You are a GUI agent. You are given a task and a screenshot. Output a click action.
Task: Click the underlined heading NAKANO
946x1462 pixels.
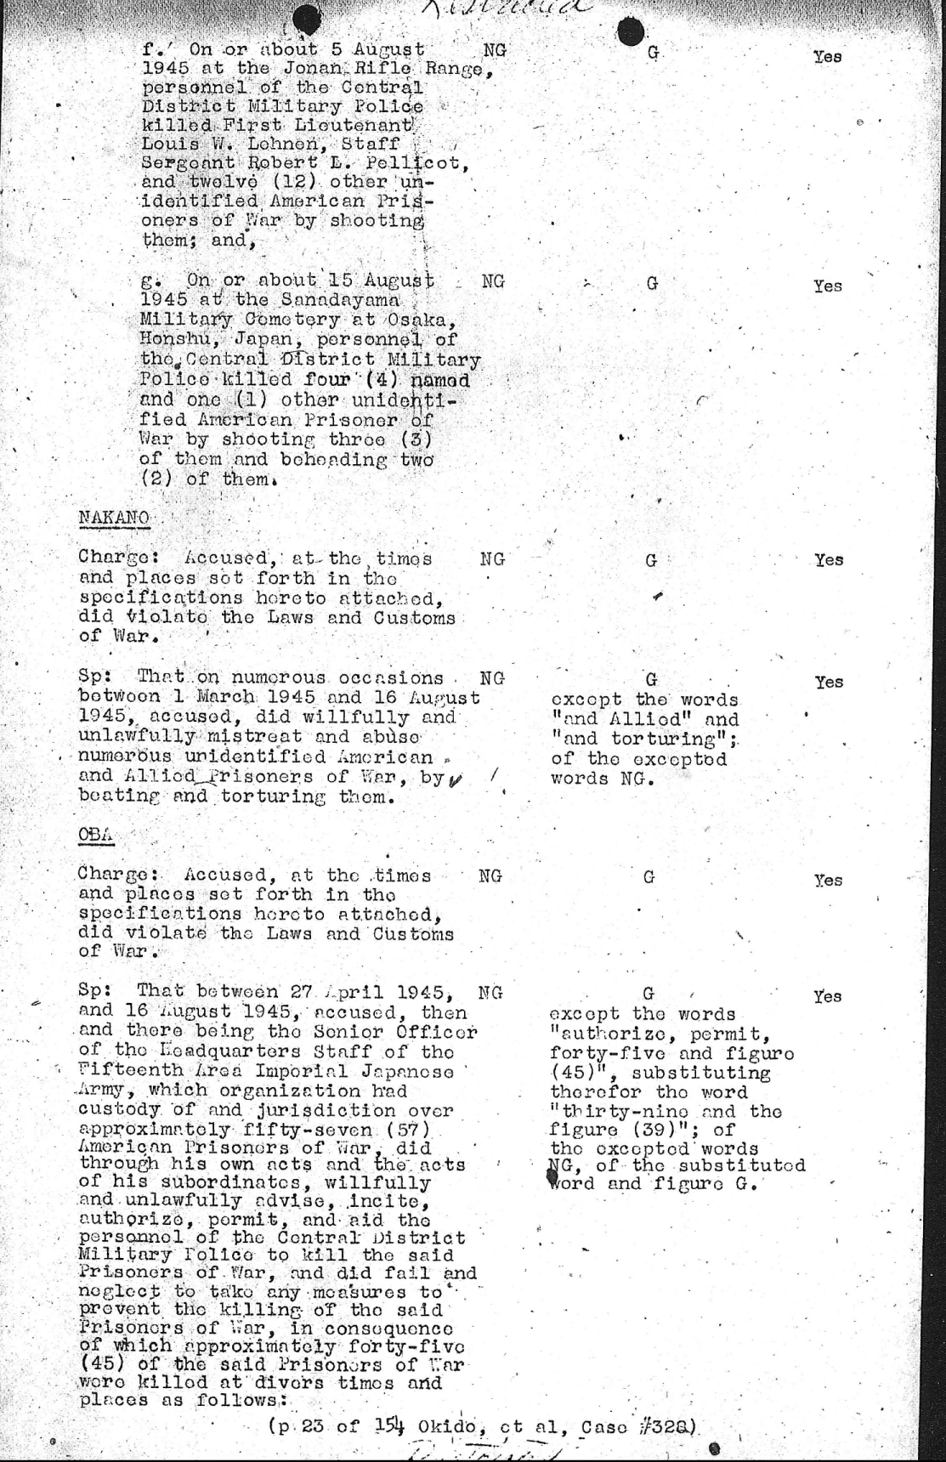tap(113, 518)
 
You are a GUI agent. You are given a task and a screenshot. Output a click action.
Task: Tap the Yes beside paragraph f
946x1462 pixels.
tap(827, 57)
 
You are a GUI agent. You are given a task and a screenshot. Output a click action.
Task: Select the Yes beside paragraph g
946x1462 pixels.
tap(827, 286)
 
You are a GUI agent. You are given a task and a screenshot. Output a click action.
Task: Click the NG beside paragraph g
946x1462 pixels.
tap(492, 280)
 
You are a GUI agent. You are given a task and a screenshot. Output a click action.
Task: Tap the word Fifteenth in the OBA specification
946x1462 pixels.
tap(119, 1072)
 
